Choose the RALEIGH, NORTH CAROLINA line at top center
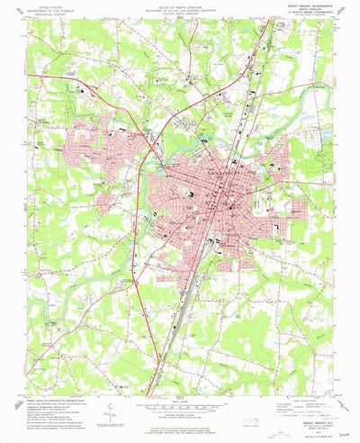[x=179, y=14]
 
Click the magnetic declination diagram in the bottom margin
[x=110, y=420]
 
